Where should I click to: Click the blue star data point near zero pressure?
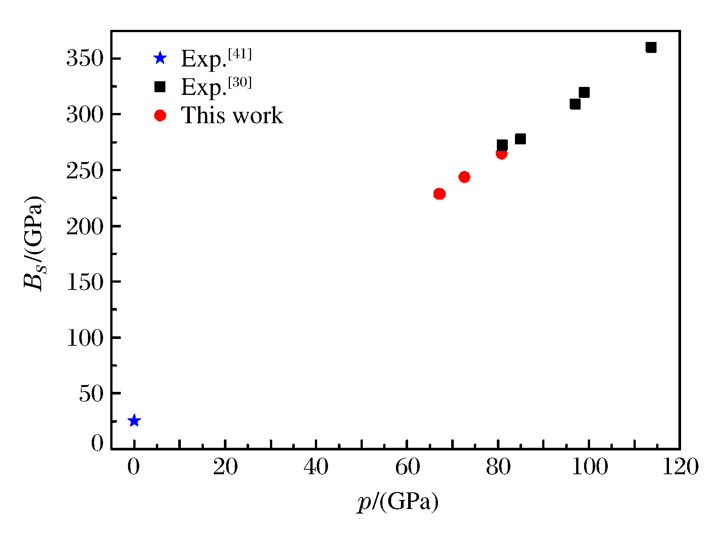[x=134, y=421]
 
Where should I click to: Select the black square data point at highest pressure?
[x=651, y=47]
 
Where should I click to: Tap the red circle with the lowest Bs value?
[x=439, y=194]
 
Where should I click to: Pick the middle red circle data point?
[x=464, y=177]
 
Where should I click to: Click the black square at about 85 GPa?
[x=520, y=139]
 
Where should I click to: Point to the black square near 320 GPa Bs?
[x=584, y=92]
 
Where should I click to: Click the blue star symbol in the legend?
[x=160, y=58]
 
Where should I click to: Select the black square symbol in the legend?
[x=160, y=87]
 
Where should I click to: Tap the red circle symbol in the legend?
[x=160, y=115]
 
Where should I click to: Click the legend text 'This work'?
[x=232, y=115]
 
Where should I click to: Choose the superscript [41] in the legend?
[x=240, y=54]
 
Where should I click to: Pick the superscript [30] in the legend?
[x=240, y=82]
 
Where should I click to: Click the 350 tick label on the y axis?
[x=85, y=59]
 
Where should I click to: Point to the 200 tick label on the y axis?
[x=85, y=227]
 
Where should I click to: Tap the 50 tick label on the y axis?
[x=91, y=394]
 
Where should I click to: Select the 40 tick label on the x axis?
[x=316, y=467]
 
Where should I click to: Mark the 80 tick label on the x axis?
[x=498, y=467]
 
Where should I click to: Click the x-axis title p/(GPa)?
[x=398, y=502]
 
